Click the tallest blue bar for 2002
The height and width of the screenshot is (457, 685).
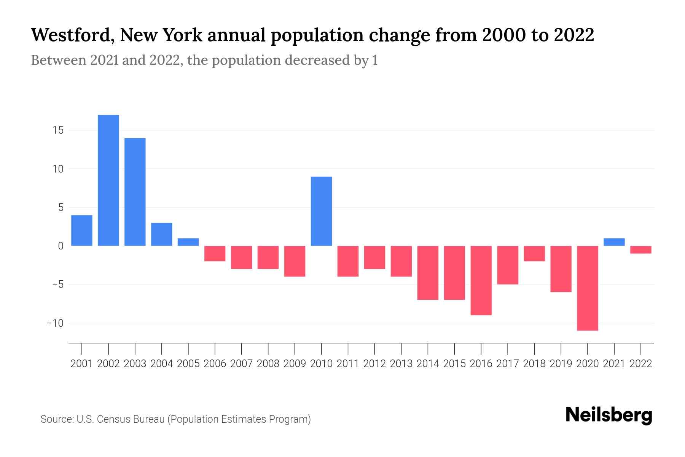pyautogui.click(x=108, y=180)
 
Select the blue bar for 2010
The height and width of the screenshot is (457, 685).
pyautogui.click(x=321, y=211)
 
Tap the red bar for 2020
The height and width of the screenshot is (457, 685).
pyautogui.click(x=588, y=288)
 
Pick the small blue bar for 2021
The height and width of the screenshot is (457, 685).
pyautogui.click(x=614, y=242)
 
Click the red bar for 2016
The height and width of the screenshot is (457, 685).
pyautogui.click(x=481, y=281)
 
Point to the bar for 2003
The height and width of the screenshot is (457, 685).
pyautogui.click(x=135, y=192)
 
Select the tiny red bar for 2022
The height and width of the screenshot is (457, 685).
pyautogui.click(x=641, y=250)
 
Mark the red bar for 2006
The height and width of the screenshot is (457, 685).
pyautogui.click(x=215, y=254)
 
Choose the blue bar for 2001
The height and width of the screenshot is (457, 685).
pyautogui.click(x=82, y=230)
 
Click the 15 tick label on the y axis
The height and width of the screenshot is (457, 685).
pyautogui.click(x=58, y=130)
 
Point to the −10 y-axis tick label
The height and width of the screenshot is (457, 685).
pyautogui.click(x=55, y=323)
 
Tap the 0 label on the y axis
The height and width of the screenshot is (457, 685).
pyautogui.click(x=61, y=246)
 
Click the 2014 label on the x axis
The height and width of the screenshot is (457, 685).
pyautogui.click(x=428, y=364)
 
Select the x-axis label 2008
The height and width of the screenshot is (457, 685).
pyautogui.click(x=268, y=364)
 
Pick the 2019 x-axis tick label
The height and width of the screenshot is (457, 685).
pyautogui.click(x=561, y=364)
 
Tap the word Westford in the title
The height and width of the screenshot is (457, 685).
pyautogui.click(x=72, y=35)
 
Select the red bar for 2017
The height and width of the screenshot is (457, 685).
pyautogui.click(x=508, y=265)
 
